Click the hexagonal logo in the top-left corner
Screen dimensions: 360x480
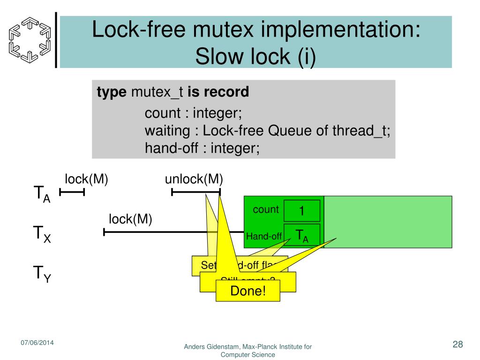point(29,39)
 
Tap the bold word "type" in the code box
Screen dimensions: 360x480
point(112,92)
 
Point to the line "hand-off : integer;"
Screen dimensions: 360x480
point(202,148)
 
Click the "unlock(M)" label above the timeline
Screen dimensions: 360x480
point(194,179)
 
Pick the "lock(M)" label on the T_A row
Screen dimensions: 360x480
point(86,179)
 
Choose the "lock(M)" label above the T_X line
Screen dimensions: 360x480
point(130,219)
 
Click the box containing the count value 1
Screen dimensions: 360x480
point(302,211)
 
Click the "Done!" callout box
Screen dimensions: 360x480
point(248,291)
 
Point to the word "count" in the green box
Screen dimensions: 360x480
point(266,210)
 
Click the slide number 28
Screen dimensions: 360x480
point(457,345)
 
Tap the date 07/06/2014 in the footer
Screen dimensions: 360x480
point(37,343)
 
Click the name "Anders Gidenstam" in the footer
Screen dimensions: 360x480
point(211,347)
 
